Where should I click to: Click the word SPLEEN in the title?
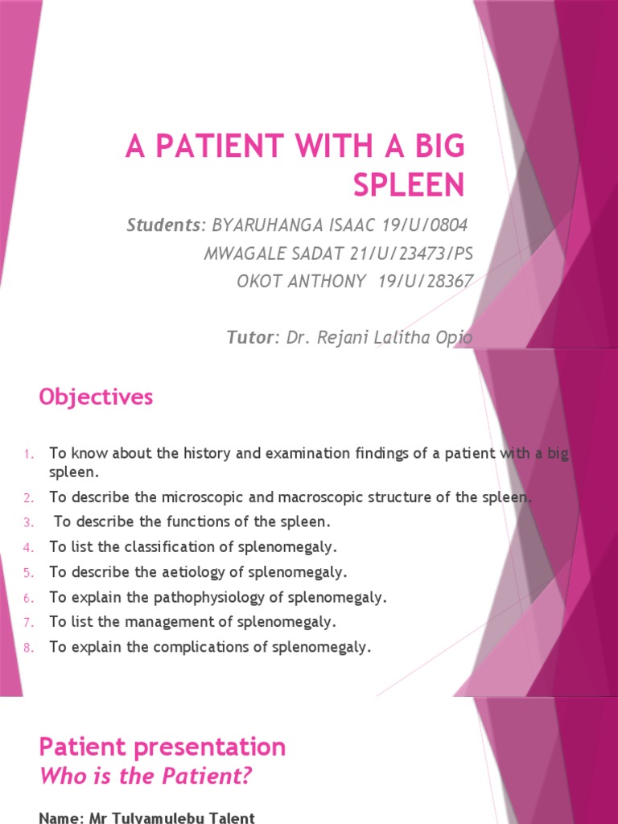point(409,185)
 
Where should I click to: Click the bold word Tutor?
point(249,338)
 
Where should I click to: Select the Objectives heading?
point(96,398)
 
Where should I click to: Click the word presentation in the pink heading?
point(212,747)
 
